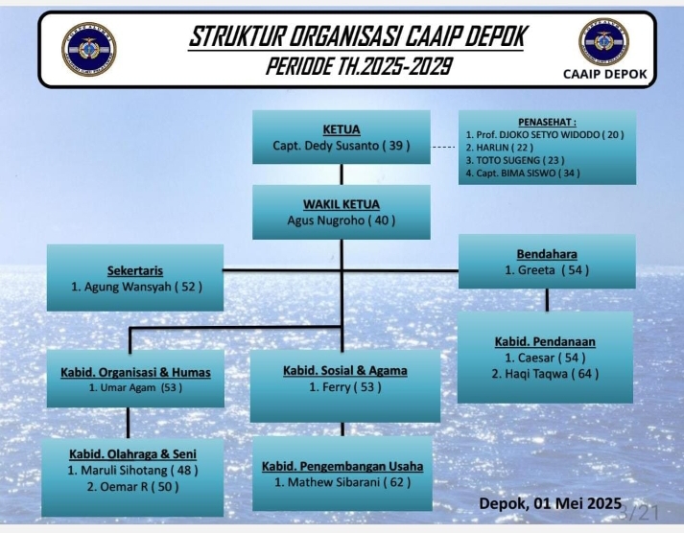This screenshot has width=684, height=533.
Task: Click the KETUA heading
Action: (x=342, y=129)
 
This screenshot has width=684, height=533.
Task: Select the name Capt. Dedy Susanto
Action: (x=325, y=146)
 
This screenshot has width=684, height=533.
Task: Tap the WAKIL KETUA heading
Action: (x=342, y=204)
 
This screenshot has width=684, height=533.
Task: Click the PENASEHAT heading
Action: (x=547, y=122)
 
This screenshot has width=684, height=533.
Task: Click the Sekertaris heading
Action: (x=135, y=270)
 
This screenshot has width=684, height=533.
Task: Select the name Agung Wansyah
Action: (x=127, y=287)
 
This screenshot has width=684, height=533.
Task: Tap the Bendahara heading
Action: (x=547, y=254)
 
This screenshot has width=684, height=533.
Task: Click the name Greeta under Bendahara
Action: (x=536, y=270)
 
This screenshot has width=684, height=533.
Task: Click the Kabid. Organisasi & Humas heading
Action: (x=135, y=373)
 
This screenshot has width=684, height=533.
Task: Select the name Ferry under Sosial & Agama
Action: (x=337, y=387)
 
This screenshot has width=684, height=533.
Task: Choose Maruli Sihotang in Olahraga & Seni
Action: (x=124, y=471)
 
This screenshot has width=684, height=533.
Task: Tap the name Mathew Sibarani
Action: (x=334, y=482)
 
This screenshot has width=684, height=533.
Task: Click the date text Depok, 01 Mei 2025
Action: (x=550, y=503)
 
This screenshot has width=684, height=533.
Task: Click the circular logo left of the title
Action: (x=89, y=49)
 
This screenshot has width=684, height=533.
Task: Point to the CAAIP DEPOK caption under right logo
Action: (x=605, y=74)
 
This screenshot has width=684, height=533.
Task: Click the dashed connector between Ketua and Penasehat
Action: (x=444, y=148)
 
